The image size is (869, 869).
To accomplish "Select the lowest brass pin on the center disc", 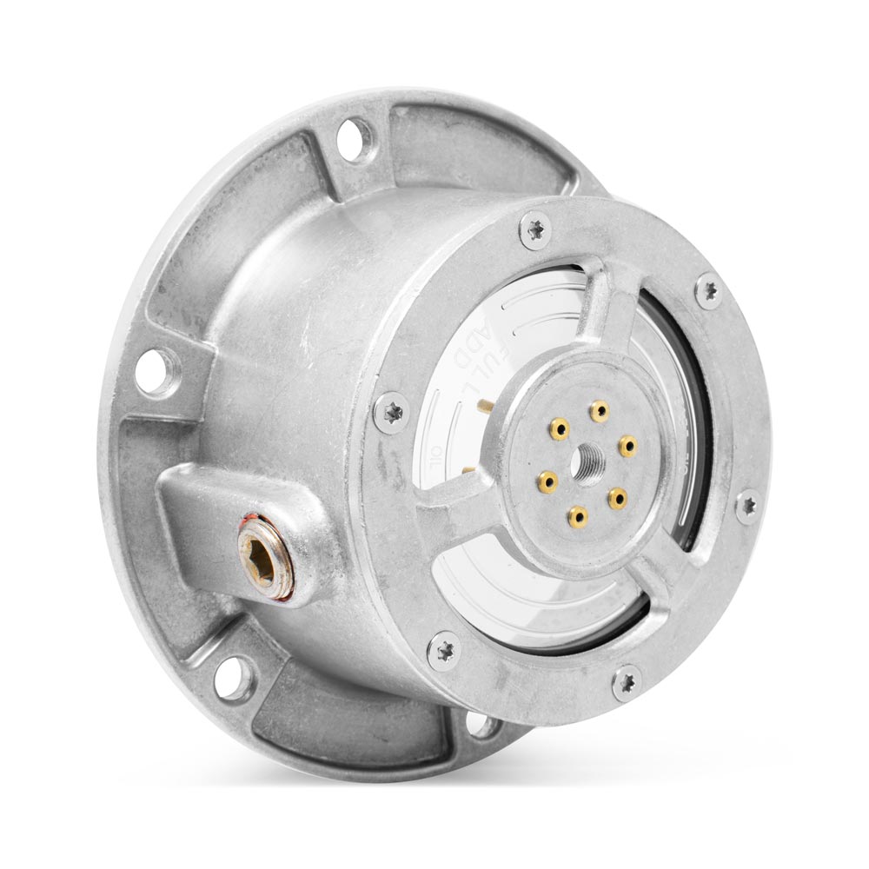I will [577, 518].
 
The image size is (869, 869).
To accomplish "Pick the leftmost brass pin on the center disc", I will [547, 481].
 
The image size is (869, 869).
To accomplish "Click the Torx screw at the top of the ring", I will [534, 230].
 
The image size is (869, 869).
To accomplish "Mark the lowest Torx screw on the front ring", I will [626, 682].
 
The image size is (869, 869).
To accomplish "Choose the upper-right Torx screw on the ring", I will [708, 289].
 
